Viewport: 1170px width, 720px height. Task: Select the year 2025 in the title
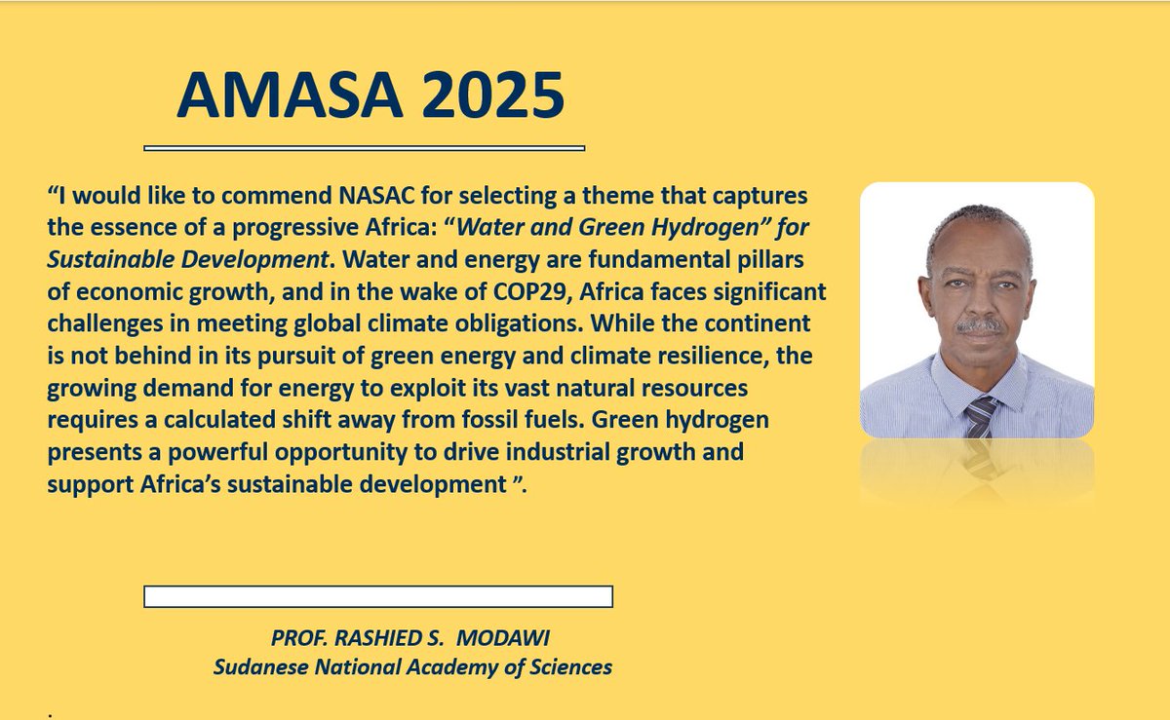tap(481, 95)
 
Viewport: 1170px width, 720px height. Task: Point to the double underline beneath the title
tap(364, 148)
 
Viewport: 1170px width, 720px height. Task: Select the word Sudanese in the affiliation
tap(257, 667)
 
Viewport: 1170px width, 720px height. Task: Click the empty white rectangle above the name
tap(377, 596)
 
